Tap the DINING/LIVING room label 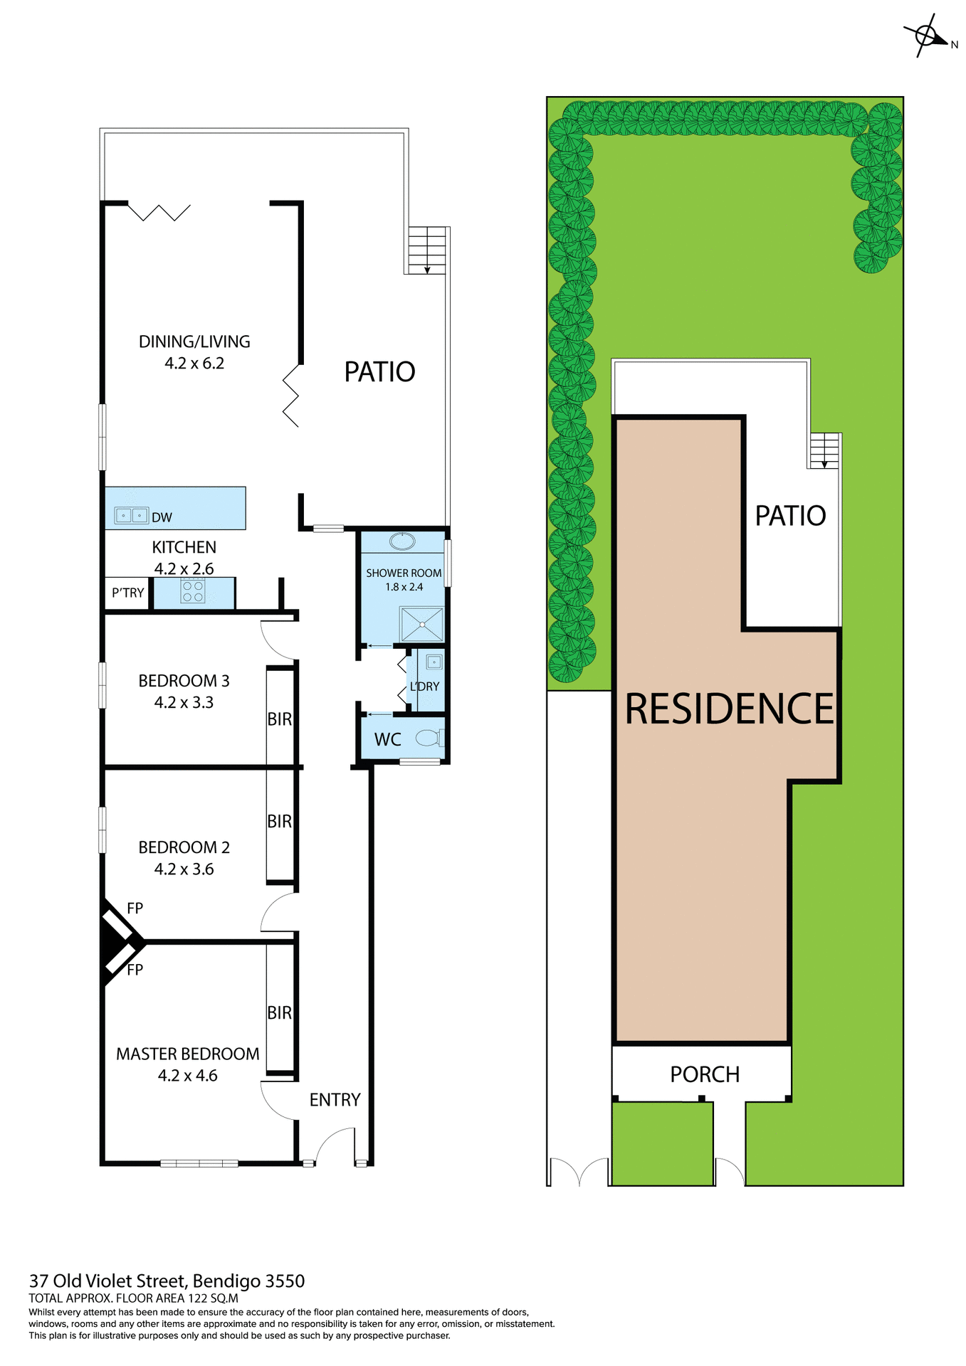(x=194, y=341)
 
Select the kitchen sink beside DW (x=131, y=515)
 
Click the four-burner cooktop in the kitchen (x=193, y=591)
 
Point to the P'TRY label (x=127, y=593)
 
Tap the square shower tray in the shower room (x=421, y=624)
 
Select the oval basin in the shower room (x=402, y=542)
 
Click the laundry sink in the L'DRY (x=434, y=662)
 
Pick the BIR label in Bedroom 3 (x=279, y=719)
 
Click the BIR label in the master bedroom (x=279, y=1012)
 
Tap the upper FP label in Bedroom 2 (x=135, y=908)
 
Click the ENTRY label (x=335, y=1100)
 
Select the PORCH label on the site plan (x=705, y=1074)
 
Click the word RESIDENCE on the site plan (x=729, y=709)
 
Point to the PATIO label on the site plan (x=790, y=516)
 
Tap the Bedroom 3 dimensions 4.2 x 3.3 (x=184, y=703)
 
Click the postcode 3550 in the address (x=285, y=1281)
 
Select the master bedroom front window (x=199, y=1163)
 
